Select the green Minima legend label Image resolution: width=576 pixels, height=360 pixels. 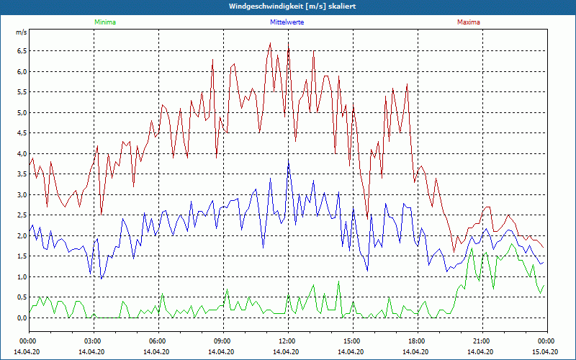click(x=104, y=22)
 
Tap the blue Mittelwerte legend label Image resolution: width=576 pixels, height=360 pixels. click(x=287, y=22)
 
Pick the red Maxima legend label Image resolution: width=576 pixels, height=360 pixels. click(x=469, y=22)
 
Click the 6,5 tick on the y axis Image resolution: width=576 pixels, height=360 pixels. click(x=22, y=51)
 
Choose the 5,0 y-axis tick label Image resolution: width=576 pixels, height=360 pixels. click(x=22, y=113)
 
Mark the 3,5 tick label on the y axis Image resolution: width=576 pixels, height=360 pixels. click(x=22, y=174)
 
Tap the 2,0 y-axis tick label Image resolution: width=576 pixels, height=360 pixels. click(x=22, y=236)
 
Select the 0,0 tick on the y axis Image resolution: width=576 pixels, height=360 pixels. click(x=22, y=318)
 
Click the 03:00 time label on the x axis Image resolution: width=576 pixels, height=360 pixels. click(x=93, y=341)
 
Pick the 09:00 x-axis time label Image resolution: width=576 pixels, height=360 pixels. click(x=222, y=341)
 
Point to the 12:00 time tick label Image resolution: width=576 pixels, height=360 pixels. click(x=287, y=341)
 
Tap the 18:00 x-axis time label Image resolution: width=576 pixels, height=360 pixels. click(x=417, y=341)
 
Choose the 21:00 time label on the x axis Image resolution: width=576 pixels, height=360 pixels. click(x=482, y=341)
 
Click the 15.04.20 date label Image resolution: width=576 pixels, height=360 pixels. click(x=545, y=351)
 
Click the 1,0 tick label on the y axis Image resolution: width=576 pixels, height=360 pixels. click(x=22, y=277)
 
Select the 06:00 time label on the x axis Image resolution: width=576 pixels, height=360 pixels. click(x=158, y=341)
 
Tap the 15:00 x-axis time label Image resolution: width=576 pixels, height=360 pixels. click(x=352, y=341)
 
